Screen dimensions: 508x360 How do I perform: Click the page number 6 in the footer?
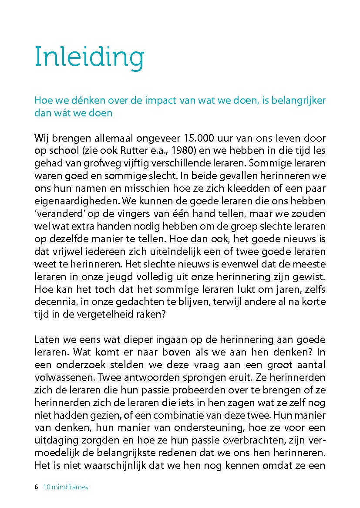tap(37, 487)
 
